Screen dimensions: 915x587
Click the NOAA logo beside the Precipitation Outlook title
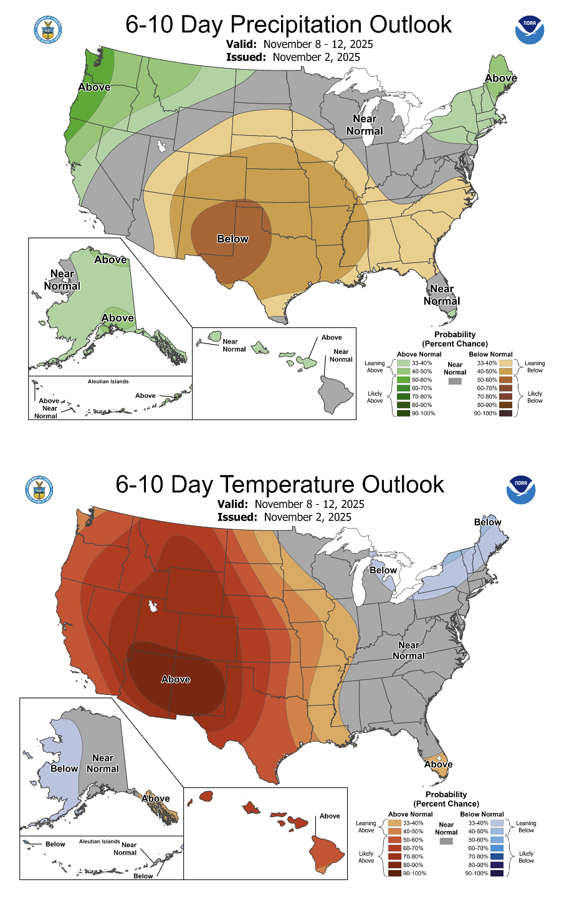[530, 30]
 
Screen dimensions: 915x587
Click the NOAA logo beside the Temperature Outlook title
[521, 490]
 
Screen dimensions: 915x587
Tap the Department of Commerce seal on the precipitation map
[48, 30]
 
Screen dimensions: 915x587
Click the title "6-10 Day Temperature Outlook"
[280, 485]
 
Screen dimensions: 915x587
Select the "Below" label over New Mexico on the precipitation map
[232, 239]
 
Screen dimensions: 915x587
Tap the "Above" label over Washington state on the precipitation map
[95, 87]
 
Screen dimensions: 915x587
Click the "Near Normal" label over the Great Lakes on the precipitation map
[365, 125]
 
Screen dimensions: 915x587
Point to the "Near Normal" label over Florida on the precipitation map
[442, 295]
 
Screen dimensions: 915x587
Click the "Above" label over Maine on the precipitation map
[501, 79]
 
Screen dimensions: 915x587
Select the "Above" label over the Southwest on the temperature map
[176, 679]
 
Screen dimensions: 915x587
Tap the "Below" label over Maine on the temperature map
[487, 522]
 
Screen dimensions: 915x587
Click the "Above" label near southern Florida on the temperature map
[439, 765]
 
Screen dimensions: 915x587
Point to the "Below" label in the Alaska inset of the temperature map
[64, 769]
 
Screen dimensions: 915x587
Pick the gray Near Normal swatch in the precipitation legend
[455, 381]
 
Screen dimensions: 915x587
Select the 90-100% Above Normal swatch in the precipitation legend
[403, 413]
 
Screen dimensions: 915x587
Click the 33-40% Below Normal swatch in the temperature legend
[497, 823]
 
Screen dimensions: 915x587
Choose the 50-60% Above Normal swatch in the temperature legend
[394, 840]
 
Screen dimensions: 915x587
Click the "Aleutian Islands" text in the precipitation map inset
[108, 381]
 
